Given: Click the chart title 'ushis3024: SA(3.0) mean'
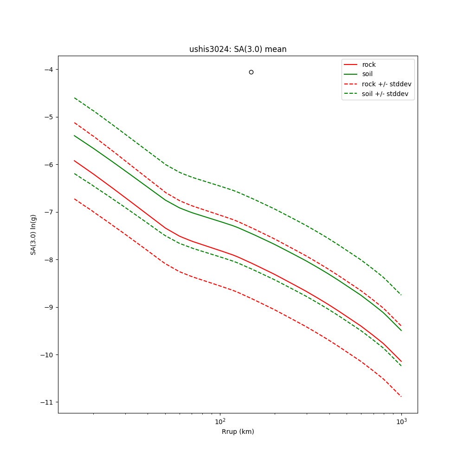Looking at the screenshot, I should [x=238, y=49].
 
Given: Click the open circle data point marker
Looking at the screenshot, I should [x=251, y=72].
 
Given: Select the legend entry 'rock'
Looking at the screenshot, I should [x=369, y=64].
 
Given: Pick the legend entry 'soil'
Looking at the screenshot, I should [x=367, y=74].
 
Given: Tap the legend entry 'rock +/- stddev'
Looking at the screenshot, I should [x=387, y=84].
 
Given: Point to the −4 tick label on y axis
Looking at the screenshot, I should [x=47, y=70].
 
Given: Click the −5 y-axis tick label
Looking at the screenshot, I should [x=47, y=117].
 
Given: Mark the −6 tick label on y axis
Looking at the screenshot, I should [x=47, y=165].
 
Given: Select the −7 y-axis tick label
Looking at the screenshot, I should [x=47, y=212].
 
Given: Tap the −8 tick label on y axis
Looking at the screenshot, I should [x=47, y=260].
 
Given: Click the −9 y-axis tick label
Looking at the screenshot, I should [x=47, y=307].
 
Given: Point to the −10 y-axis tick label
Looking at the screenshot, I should [x=45, y=355].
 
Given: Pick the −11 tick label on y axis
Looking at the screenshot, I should [x=45, y=402].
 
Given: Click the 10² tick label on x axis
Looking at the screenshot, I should [x=220, y=421].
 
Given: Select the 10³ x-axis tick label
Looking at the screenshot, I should [x=401, y=421].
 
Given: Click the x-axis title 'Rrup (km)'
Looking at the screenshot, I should [x=238, y=432].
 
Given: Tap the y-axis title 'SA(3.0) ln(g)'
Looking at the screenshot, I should [x=33, y=234].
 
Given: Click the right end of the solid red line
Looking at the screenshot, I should [x=401, y=361].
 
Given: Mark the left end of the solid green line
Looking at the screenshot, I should [x=74, y=135].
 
